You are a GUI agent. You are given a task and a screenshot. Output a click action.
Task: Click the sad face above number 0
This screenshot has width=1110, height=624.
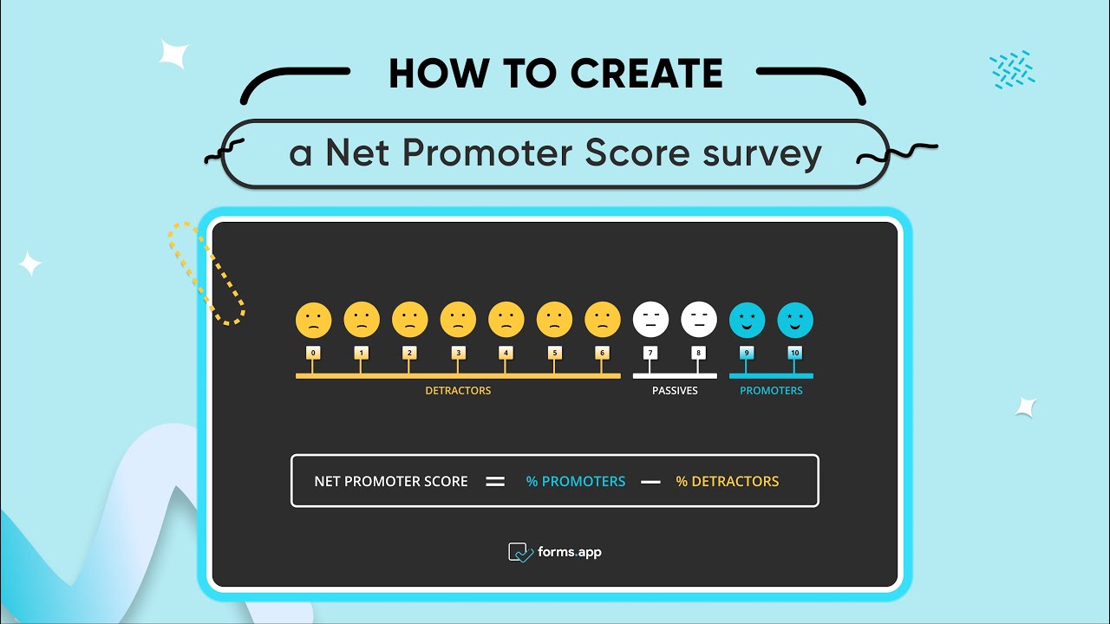point(313,320)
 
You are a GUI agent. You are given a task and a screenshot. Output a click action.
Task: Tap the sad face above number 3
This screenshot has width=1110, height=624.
point(458,320)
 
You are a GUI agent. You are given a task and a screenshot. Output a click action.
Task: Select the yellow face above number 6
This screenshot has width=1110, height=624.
point(603,320)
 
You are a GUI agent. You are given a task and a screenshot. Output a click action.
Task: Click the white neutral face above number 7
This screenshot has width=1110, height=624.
point(650,320)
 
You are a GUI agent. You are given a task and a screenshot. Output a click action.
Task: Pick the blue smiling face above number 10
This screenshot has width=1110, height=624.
point(795,320)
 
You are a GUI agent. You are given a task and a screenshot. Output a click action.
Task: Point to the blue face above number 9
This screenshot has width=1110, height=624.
point(747,320)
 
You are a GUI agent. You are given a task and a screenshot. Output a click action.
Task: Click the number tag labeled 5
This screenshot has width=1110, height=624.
point(555,353)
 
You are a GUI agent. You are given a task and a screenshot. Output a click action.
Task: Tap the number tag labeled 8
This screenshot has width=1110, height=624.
point(698,353)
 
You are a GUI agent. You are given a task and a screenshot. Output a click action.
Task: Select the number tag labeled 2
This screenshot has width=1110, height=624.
point(409,353)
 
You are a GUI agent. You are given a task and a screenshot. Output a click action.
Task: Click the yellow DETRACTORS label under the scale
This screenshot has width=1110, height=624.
point(458,391)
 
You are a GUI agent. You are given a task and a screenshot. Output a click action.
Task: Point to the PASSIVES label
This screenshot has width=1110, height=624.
point(675,391)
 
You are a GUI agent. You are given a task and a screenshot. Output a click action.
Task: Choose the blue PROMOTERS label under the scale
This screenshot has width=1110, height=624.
point(771,391)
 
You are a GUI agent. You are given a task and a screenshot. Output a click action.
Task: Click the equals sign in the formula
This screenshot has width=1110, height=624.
point(495,482)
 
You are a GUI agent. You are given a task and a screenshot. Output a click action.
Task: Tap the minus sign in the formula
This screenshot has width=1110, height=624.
point(650,482)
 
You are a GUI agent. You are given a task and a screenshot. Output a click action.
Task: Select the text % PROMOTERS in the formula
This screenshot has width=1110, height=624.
point(576,482)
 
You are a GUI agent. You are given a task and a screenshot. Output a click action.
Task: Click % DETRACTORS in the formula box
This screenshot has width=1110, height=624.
point(728,482)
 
